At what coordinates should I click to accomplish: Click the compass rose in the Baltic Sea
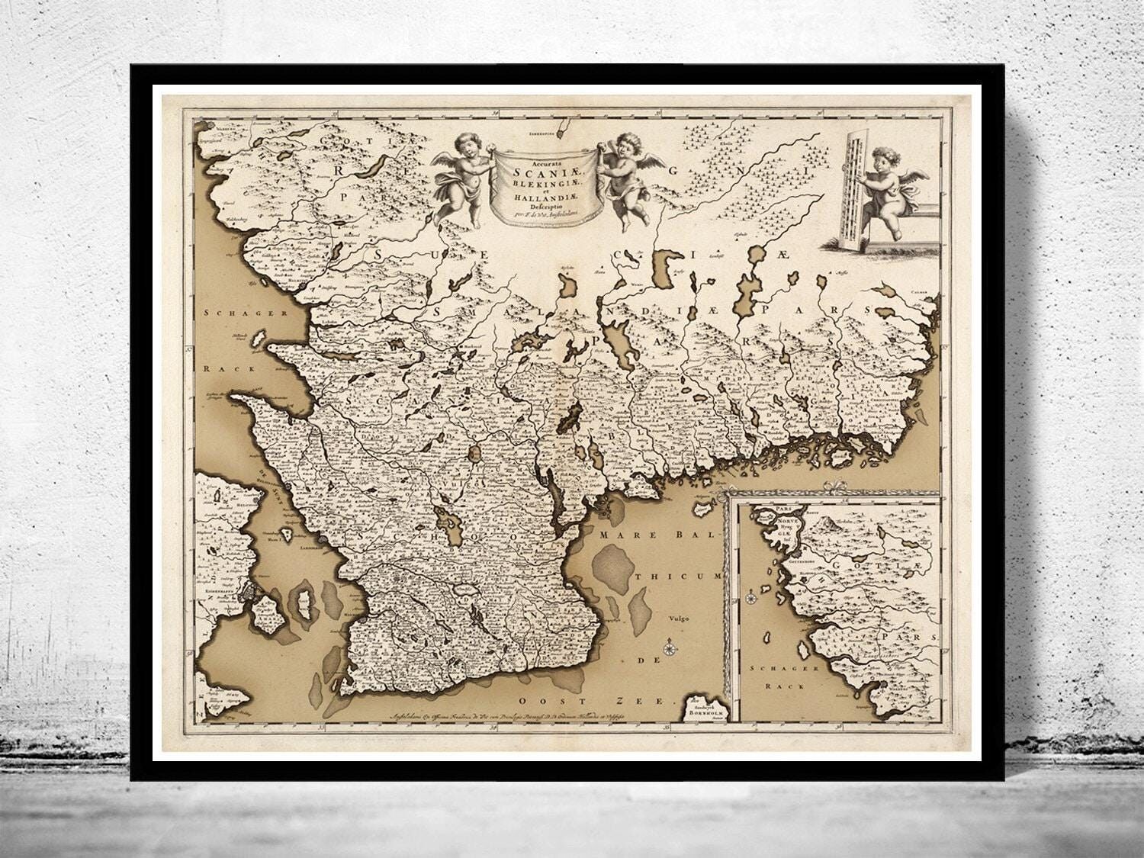(x=670, y=650)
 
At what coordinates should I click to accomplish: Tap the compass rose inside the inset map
(x=753, y=596)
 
